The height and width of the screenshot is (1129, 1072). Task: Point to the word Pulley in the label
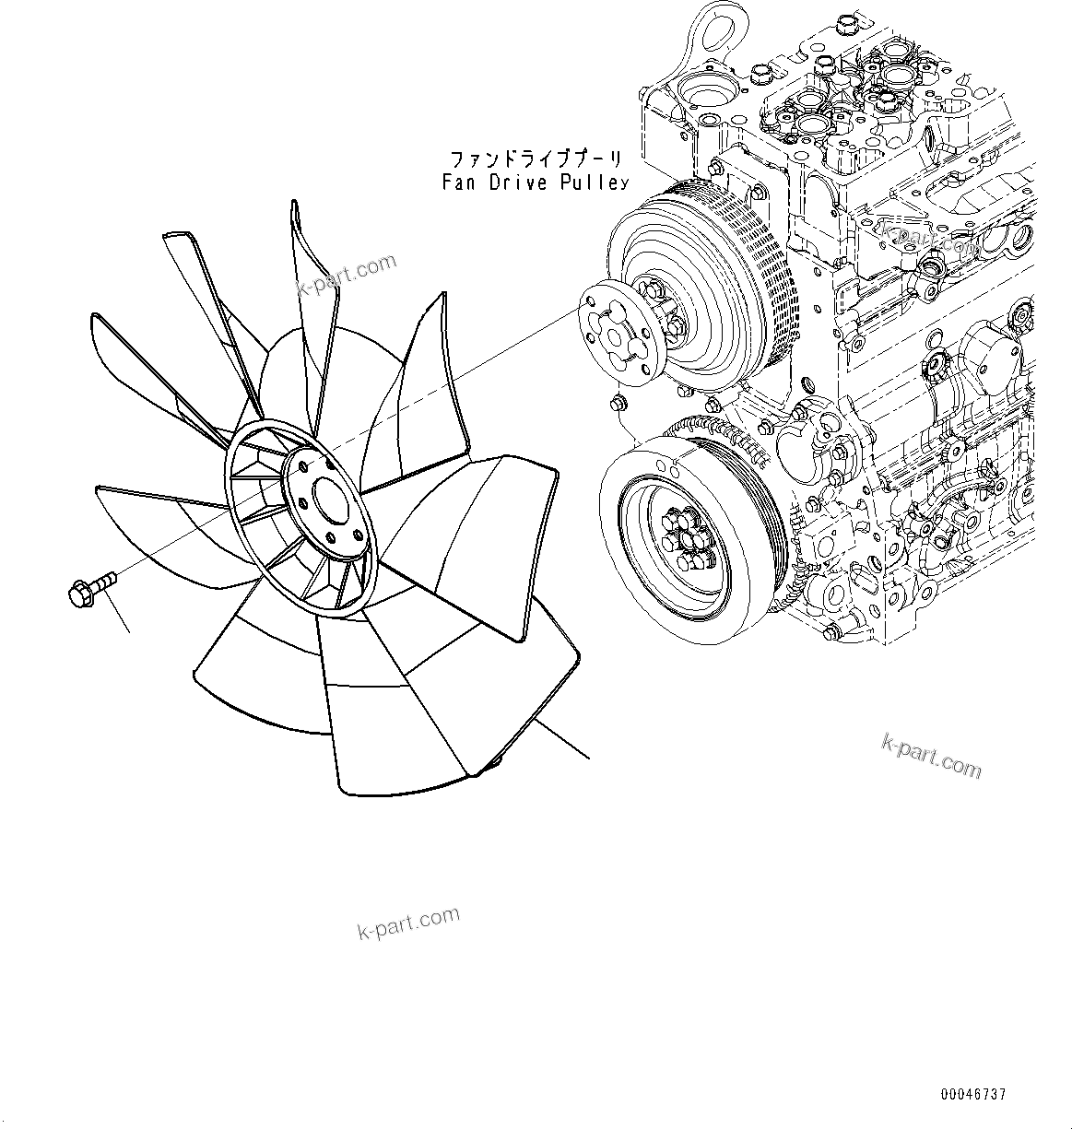594,182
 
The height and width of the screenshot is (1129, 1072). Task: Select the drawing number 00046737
973,1094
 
